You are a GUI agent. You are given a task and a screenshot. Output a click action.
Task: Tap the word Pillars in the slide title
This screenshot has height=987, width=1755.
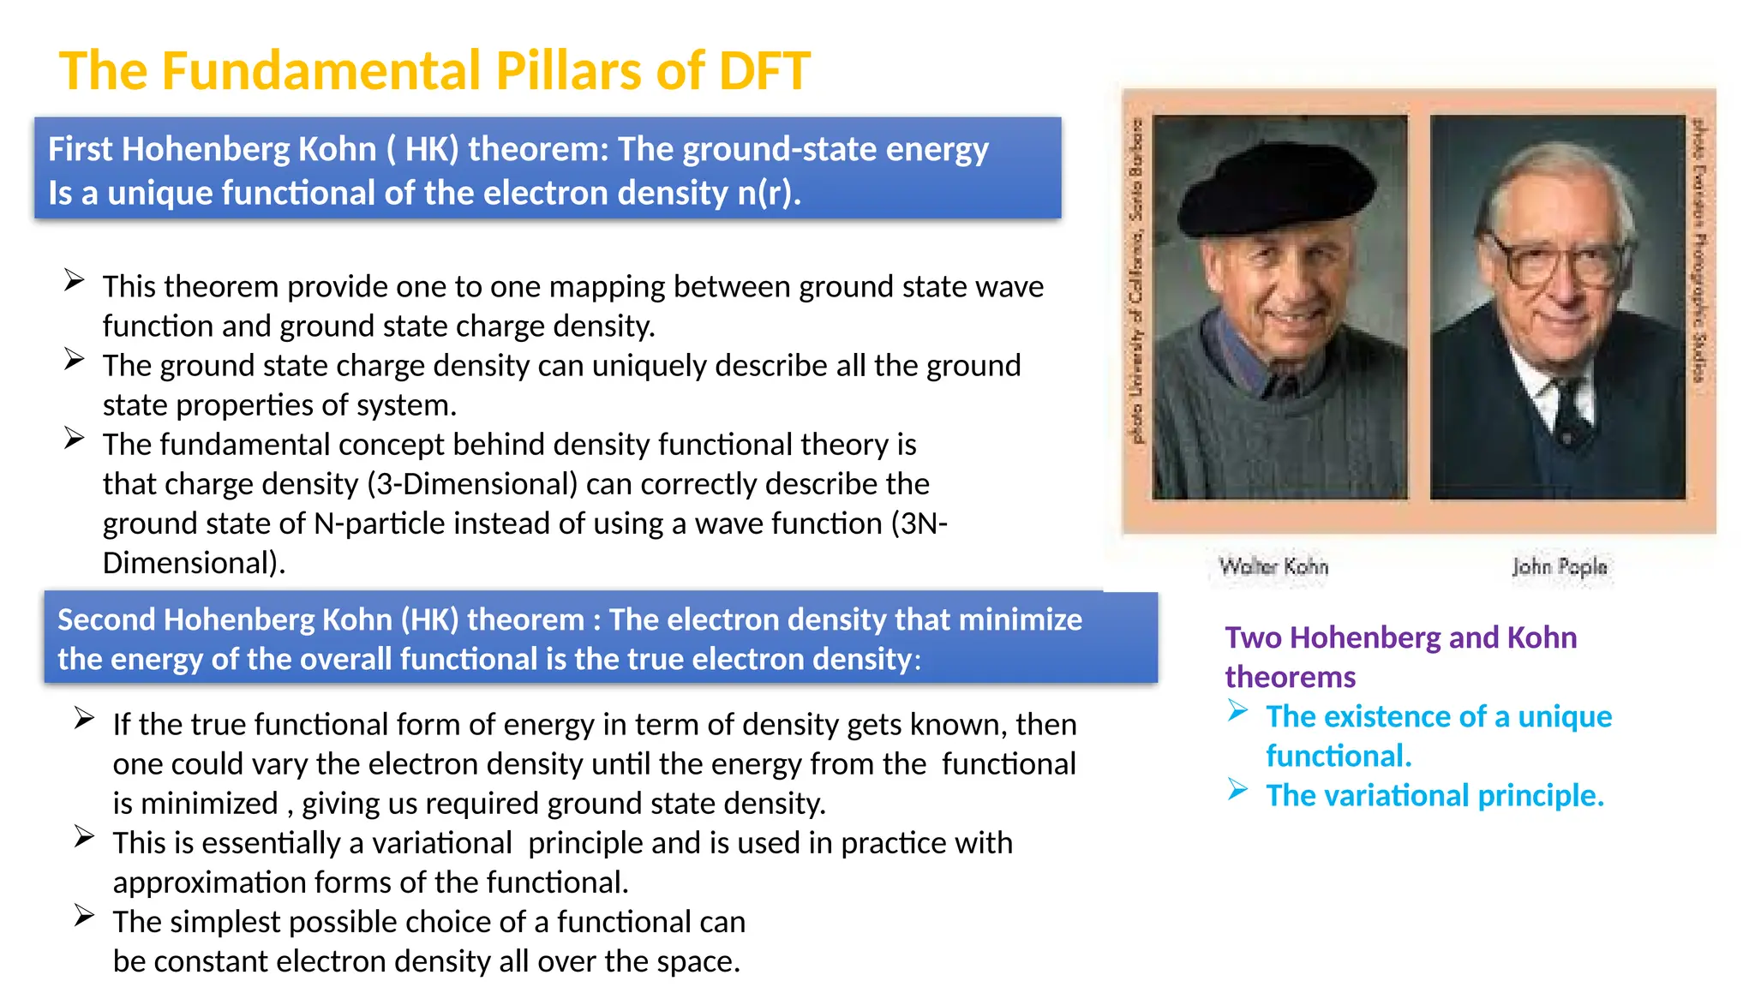(569, 70)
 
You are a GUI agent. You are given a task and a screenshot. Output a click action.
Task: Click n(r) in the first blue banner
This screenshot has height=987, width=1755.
(768, 193)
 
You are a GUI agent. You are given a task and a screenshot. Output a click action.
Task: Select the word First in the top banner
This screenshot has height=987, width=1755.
(80, 149)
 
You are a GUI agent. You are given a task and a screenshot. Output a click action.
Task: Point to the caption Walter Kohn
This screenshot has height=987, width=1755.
(1273, 566)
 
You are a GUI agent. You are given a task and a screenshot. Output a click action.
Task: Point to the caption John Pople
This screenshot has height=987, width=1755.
(1559, 566)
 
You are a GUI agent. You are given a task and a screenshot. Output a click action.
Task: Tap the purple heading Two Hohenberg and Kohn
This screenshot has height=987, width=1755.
(1400, 637)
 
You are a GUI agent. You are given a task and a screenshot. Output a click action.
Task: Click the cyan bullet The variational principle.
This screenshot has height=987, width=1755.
(1435, 795)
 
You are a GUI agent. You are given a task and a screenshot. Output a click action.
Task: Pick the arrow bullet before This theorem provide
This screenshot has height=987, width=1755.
(75, 280)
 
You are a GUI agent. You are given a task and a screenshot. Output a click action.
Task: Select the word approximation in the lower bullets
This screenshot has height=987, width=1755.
(208, 882)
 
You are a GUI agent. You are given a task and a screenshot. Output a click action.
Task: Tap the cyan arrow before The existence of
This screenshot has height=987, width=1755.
(1237, 710)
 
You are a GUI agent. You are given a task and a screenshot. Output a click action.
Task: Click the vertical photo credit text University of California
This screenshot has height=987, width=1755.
(1136, 308)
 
